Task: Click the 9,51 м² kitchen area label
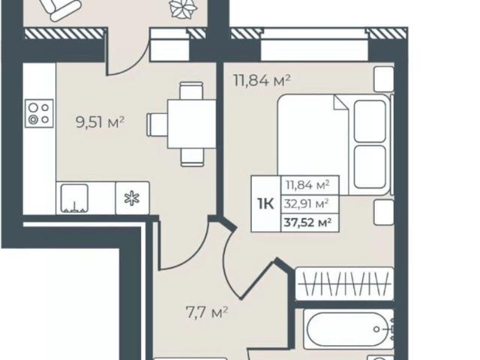[100, 123]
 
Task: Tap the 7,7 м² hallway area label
[207, 313]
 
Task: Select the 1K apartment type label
[265, 204]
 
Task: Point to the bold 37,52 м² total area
[307, 222]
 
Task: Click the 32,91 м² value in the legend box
[307, 203]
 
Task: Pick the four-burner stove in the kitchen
[39, 113]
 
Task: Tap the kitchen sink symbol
[74, 198]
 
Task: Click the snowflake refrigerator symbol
[132, 198]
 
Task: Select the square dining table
[192, 124]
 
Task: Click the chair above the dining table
[191, 91]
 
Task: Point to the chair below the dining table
[192, 157]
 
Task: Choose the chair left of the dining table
[157, 124]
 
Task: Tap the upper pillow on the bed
[370, 121]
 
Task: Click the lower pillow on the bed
[370, 166]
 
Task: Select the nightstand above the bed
[384, 79]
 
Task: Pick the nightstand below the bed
[384, 213]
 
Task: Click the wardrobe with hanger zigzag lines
[344, 283]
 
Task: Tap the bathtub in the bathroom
[349, 329]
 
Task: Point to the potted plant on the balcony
[183, 8]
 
